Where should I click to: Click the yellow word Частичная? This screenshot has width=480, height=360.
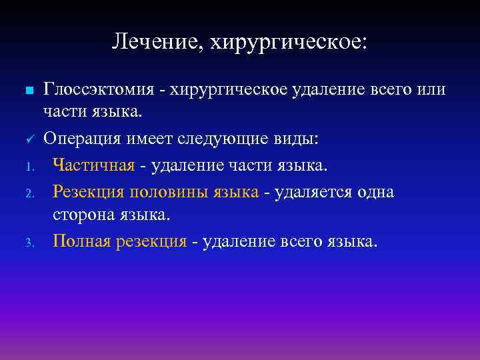click(93, 163)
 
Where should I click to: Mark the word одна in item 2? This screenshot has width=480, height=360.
click(377, 192)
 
